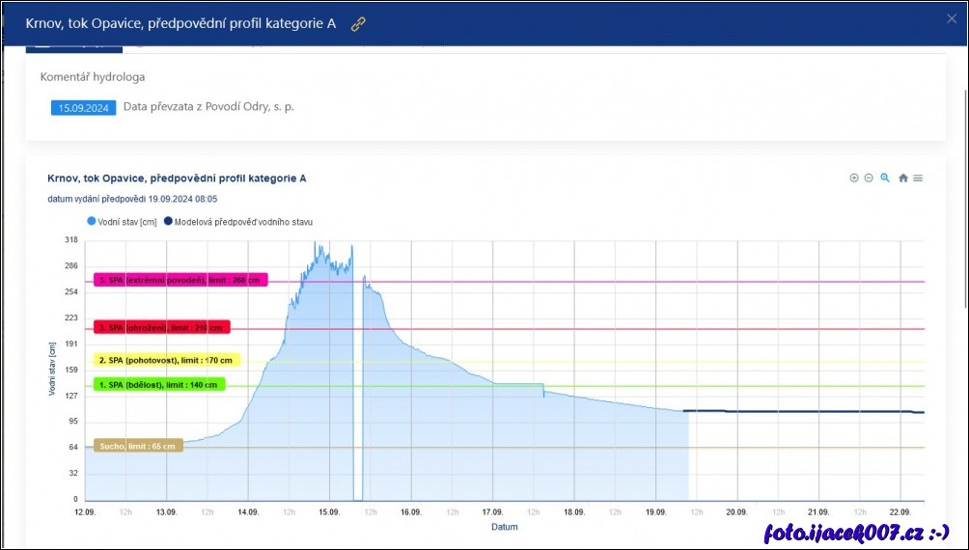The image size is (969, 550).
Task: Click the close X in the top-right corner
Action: pyautogui.click(x=951, y=18)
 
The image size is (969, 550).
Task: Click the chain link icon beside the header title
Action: pyautogui.click(x=358, y=24)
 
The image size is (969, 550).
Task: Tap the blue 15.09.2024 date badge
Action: pyautogui.click(x=83, y=108)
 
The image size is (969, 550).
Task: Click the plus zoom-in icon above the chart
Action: pyautogui.click(x=853, y=179)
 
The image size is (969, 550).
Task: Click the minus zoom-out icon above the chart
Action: pyautogui.click(x=869, y=179)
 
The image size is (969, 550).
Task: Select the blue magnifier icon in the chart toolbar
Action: pyautogui.click(x=885, y=179)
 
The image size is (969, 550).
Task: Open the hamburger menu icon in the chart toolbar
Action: pyautogui.click(x=918, y=179)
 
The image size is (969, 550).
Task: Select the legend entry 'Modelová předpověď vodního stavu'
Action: pyautogui.click(x=237, y=222)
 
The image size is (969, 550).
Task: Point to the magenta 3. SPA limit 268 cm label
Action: pyautogui.click(x=180, y=280)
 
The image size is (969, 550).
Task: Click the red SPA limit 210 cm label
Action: pyautogui.click(x=161, y=328)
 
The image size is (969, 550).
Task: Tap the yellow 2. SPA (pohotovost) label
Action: pyautogui.click(x=166, y=360)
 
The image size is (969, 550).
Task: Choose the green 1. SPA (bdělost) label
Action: pyautogui.click(x=158, y=384)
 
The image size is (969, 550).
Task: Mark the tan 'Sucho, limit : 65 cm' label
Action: pyautogui.click(x=138, y=446)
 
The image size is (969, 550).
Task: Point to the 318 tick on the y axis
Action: pyautogui.click(x=70, y=240)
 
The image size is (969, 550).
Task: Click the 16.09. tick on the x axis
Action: pyautogui.click(x=411, y=512)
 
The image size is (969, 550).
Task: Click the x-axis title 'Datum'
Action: pyautogui.click(x=504, y=527)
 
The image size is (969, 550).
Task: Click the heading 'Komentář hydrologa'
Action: pyautogui.click(x=93, y=76)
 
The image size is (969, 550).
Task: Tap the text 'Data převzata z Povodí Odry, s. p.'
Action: pyautogui.click(x=208, y=107)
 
